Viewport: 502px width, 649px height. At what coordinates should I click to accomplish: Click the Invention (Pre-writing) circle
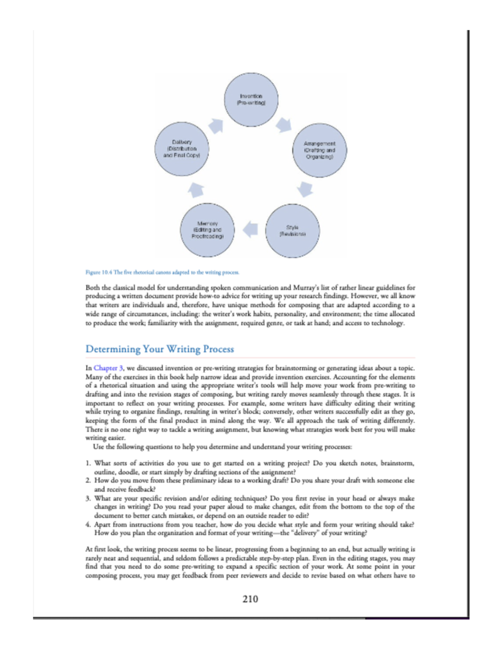click(251, 99)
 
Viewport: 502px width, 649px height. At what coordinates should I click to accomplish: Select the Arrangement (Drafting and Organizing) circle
click(320, 150)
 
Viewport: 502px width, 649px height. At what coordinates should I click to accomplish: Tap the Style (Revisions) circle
click(292, 231)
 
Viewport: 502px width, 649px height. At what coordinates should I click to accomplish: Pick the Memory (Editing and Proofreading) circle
click(207, 230)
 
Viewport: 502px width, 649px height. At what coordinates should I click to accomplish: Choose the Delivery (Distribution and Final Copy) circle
click(182, 149)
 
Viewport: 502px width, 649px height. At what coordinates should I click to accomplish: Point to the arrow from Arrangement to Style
click(305, 189)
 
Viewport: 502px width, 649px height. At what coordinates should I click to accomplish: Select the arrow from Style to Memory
click(251, 229)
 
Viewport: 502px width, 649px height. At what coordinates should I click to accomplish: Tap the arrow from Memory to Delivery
click(196, 190)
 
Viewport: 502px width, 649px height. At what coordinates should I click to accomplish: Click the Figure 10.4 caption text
click(162, 272)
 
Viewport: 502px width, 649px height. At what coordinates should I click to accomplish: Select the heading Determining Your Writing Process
click(159, 349)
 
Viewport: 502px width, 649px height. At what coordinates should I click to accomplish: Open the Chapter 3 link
click(108, 368)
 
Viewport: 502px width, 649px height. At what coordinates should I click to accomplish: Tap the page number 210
click(250, 599)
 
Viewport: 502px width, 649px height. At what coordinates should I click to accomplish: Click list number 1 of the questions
click(88, 463)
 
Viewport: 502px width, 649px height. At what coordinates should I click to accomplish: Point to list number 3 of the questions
click(88, 498)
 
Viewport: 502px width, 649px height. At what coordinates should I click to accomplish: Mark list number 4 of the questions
click(88, 524)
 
